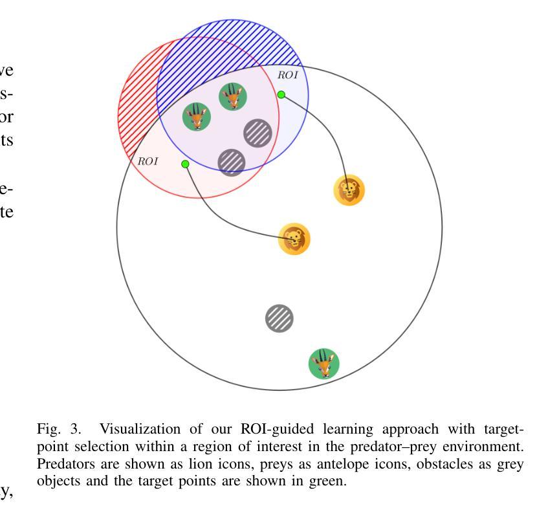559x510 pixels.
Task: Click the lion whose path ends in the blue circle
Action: pos(349,191)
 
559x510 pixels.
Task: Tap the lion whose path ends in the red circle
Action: pos(294,239)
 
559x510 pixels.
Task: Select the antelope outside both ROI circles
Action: pos(323,363)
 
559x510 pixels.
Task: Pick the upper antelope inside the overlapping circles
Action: pos(232,97)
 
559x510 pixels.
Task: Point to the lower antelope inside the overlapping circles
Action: pos(197,117)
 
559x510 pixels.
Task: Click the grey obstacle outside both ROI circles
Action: pos(279,318)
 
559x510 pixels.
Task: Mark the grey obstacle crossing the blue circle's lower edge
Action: pos(231,162)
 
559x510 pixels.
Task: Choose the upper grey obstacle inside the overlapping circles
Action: pos(258,133)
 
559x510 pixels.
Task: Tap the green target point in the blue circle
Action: pos(281,94)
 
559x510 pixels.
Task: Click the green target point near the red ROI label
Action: pos(185,164)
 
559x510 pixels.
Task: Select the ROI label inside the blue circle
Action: pos(288,75)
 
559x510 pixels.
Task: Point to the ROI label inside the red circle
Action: pos(148,161)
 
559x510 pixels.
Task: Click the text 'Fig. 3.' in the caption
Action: pos(59,429)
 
